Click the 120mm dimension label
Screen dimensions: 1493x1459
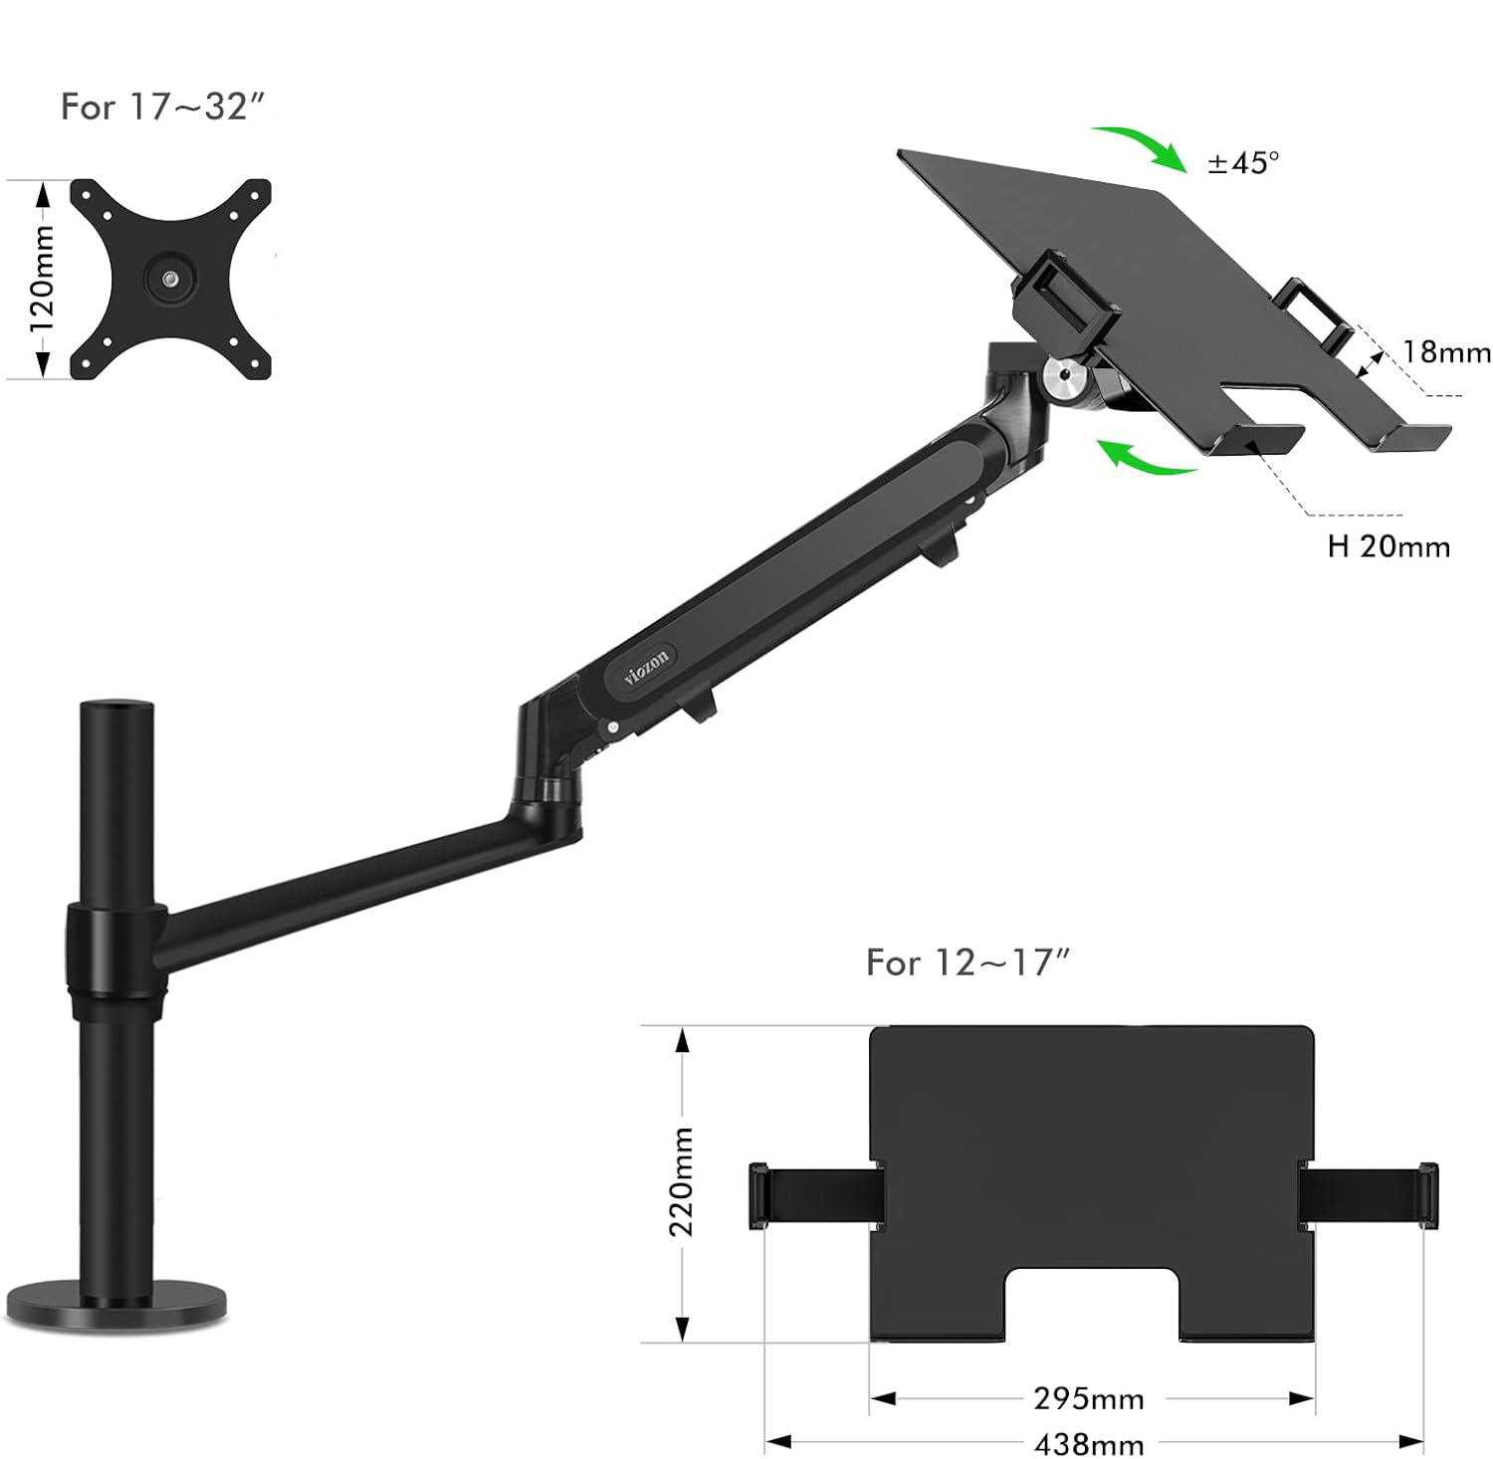(43, 280)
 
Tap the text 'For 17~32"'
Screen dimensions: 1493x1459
(164, 106)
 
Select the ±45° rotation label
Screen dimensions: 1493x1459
(1243, 162)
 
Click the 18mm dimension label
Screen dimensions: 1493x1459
(1446, 351)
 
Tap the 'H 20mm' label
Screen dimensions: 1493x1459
(1388, 546)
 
